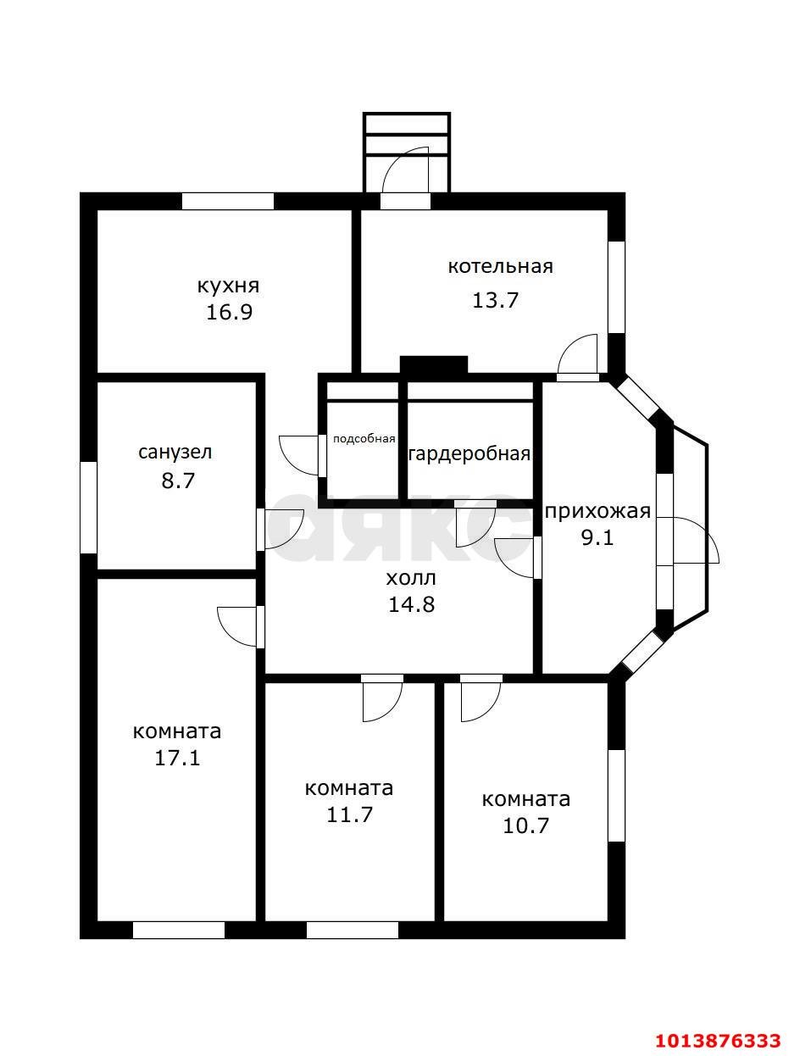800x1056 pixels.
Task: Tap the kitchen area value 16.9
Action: tap(229, 313)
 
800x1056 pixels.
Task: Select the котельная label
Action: tap(500, 266)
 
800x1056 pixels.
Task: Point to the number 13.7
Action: tap(495, 300)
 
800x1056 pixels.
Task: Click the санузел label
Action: tap(175, 453)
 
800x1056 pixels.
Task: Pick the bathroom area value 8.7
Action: tap(177, 481)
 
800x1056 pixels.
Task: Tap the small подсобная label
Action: tap(364, 439)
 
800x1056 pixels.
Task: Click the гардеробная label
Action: tap(470, 454)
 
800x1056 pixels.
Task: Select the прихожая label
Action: tap(598, 512)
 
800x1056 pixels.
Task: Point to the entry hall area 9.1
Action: tap(598, 538)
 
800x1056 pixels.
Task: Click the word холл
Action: tap(411, 578)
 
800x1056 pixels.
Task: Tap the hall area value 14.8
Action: tap(411, 605)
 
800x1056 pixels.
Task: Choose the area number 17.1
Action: tap(176, 759)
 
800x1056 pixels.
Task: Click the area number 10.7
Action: tap(525, 826)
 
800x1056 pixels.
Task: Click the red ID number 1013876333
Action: tap(718, 1037)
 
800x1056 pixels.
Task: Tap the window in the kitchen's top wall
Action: tap(228, 201)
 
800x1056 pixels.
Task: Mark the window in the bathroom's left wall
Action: tap(88, 508)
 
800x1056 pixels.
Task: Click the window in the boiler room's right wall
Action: tap(617, 286)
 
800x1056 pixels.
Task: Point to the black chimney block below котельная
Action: tap(434, 365)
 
